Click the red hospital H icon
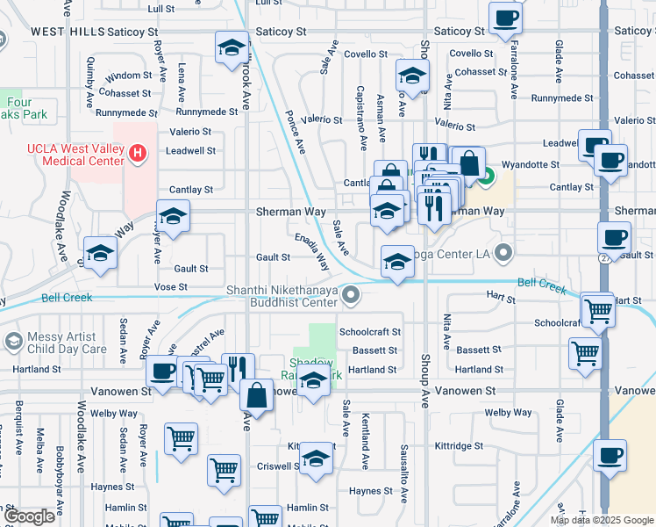pyautogui.click(x=137, y=155)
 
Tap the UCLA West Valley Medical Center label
pyautogui.click(x=76, y=155)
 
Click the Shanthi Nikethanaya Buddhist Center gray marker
pyautogui.click(x=352, y=295)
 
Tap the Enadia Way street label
pyautogui.click(x=312, y=251)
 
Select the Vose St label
pyautogui.click(x=171, y=287)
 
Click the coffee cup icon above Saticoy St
pyautogui.click(x=505, y=18)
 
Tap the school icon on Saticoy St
pyautogui.click(x=232, y=49)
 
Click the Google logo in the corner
pyautogui.click(x=29, y=516)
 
